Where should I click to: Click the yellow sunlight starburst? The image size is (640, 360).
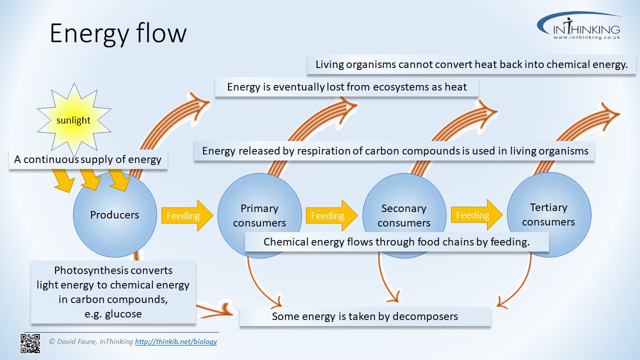pyautogui.click(x=73, y=120)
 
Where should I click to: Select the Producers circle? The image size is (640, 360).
pyautogui.click(x=114, y=215)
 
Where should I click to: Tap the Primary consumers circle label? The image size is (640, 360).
pyautogui.click(x=259, y=215)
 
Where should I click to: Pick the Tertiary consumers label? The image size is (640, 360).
pyautogui.click(x=548, y=214)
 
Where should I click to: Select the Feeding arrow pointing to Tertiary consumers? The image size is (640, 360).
pyautogui.click(x=475, y=215)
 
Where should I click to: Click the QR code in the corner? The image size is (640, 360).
pyautogui.click(x=30, y=343)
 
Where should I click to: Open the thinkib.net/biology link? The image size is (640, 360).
pyautogui.click(x=176, y=342)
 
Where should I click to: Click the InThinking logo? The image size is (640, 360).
pyautogui.click(x=580, y=27)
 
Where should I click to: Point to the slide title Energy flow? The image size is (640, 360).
pyautogui.click(x=118, y=33)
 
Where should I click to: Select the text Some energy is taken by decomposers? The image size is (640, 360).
pyautogui.click(x=364, y=316)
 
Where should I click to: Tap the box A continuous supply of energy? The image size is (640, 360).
pyautogui.click(x=87, y=160)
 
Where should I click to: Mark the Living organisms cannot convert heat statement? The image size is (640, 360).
pyautogui.click(x=471, y=64)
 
